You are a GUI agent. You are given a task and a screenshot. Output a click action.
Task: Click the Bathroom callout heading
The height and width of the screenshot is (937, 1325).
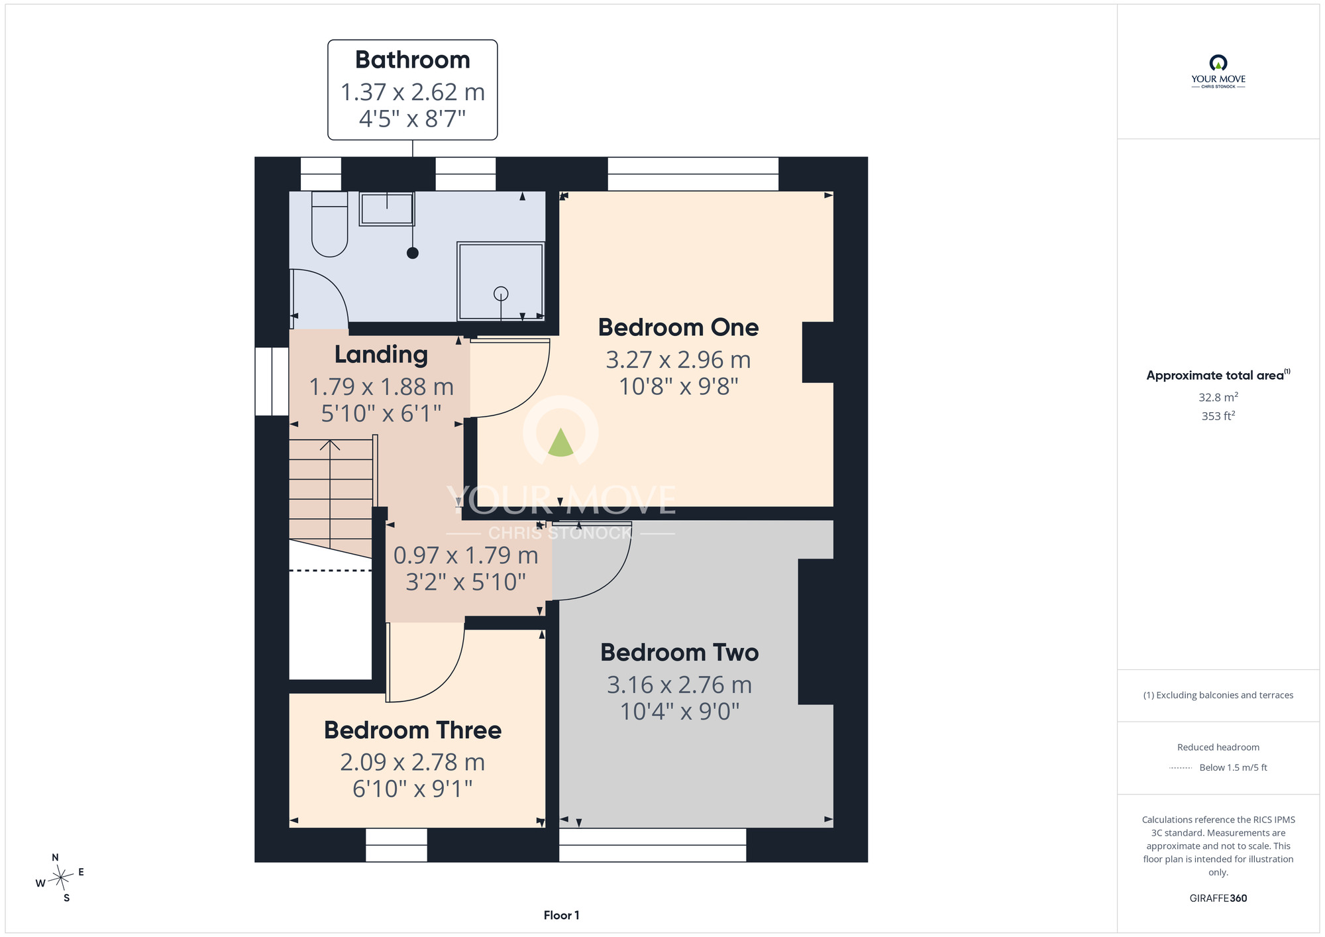pos(412,60)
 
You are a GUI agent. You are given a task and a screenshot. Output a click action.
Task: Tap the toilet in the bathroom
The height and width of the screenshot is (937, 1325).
pos(329,224)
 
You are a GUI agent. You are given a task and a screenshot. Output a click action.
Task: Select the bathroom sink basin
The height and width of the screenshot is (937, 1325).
pos(387,209)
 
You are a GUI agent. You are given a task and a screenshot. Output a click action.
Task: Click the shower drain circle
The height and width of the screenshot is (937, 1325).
pos(501,293)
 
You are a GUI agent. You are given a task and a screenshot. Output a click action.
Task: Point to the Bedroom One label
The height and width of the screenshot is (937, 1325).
pos(678,327)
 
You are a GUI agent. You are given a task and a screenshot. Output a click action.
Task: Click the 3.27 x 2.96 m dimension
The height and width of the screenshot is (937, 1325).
pos(678,360)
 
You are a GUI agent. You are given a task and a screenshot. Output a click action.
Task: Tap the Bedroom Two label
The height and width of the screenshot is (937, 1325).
pos(680,653)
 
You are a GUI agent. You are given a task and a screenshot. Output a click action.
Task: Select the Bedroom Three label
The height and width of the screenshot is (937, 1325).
pos(413,730)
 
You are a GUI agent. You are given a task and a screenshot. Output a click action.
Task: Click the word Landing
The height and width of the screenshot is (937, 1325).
pos(381,355)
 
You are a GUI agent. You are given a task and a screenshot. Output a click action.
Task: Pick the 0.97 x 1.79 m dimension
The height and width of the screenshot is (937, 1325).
pos(466,555)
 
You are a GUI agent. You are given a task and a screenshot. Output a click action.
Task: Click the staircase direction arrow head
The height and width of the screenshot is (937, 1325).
pos(330,445)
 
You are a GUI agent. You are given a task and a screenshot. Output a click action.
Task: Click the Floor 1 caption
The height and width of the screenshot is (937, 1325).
pos(561,915)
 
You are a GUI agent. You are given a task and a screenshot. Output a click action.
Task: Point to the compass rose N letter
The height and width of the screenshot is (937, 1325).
pos(55,857)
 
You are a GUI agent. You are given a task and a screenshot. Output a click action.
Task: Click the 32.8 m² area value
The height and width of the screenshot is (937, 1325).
pos(1218,397)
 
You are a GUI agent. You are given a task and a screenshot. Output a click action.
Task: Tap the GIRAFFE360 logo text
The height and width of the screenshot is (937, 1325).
pos(1218,899)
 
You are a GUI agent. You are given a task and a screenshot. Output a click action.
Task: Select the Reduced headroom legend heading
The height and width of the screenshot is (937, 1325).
pos(1218,747)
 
